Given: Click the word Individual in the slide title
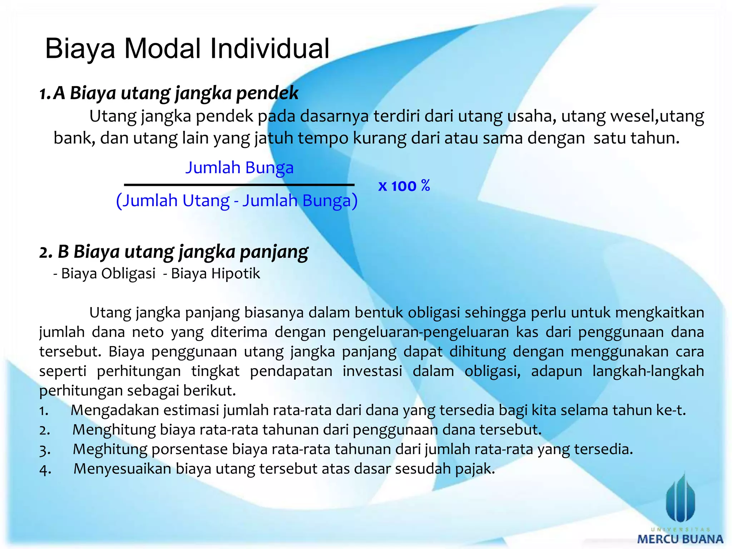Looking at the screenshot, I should click(269, 49).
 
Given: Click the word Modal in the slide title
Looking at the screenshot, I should click(162, 49).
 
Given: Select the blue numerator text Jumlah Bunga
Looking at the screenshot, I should click(239, 167).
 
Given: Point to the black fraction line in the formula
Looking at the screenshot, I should click(239, 185).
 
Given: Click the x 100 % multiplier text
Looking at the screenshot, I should click(404, 186).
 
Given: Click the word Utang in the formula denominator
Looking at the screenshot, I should click(206, 201).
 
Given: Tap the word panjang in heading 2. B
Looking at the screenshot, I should click(274, 252).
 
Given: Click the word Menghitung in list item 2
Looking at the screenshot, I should click(114, 430).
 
